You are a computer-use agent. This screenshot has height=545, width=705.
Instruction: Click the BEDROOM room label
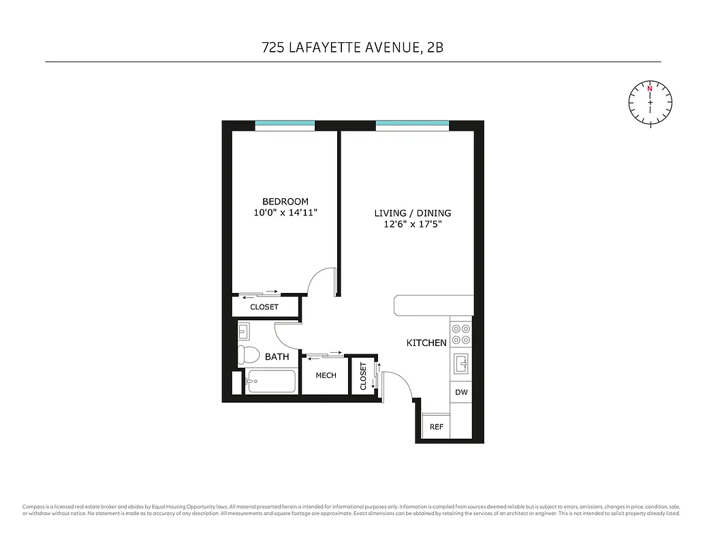point(285,202)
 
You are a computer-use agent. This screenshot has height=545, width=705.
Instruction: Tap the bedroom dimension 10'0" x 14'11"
point(285,213)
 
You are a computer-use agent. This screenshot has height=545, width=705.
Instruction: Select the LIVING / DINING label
point(412,213)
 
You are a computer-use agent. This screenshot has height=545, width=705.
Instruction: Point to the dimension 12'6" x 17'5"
point(412,224)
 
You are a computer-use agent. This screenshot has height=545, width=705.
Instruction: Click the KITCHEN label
point(426,343)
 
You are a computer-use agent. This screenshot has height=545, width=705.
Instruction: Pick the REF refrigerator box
point(437,426)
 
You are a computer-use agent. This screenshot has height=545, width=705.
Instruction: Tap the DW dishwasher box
point(461,392)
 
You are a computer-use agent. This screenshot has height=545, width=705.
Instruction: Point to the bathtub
point(270,382)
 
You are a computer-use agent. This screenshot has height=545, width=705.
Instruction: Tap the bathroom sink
point(243,332)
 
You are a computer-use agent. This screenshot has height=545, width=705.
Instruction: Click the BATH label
point(277,356)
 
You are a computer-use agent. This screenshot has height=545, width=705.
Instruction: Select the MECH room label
point(326,375)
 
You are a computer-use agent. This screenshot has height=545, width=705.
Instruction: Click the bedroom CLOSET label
point(264,307)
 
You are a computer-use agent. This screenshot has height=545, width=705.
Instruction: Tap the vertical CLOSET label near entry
point(363,375)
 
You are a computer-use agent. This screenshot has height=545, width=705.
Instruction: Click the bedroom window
point(285,125)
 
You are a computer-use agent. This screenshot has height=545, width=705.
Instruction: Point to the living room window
point(412,125)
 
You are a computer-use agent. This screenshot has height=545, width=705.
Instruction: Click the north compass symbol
point(650,103)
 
